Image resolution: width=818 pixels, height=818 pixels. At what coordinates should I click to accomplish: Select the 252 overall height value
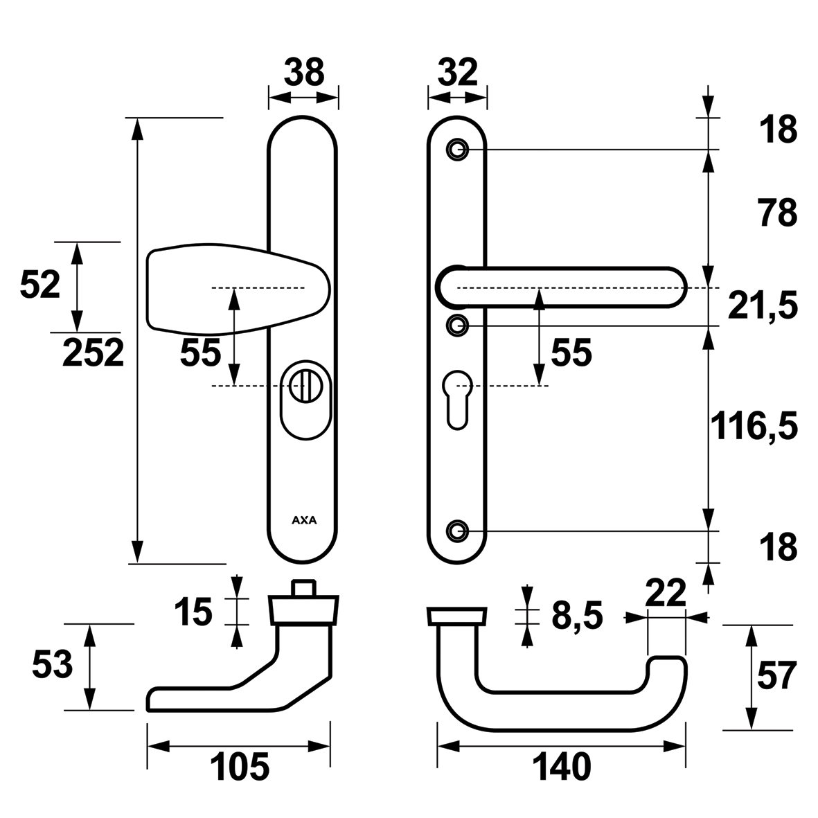pyautogui.click(x=94, y=353)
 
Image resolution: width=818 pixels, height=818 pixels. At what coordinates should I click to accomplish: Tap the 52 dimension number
pyautogui.click(x=40, y=285)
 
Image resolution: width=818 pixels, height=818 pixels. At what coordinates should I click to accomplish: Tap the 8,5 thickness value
pyautogui.click(x=577, y=615)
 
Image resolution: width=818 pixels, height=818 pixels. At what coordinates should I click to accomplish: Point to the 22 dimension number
pyautogui.click(x=665, y=594)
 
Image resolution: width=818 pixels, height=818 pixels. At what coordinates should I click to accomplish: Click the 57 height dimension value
pyautogui.click(x=777, y=676)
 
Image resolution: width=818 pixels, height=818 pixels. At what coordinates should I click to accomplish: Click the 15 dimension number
pyautogui.click(x=193, y=612)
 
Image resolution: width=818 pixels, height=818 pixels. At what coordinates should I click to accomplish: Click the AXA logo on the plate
pyautogui.click(x=303, y=521)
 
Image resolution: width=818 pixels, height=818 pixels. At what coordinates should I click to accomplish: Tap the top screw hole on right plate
pyautogui.click(x=456, y=149)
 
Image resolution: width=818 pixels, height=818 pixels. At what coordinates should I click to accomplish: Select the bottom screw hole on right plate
pyautogui.click(x=456, y=531)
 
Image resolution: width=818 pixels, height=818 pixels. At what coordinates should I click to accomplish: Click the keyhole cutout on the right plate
pyautogui.click(x=456, y=397)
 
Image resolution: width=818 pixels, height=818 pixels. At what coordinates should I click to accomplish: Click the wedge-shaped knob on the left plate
pyautogui.click(x=235, y=288)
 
